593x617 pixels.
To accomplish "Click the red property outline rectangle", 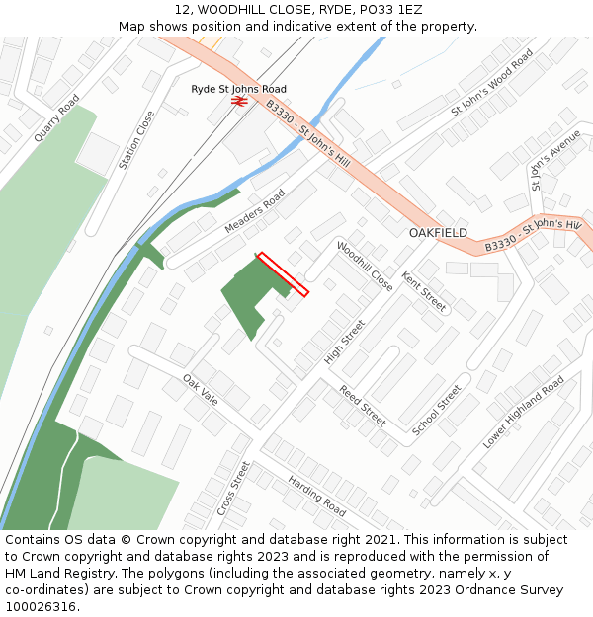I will tap(283, 274).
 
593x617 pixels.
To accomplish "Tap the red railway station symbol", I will tap(238, 101).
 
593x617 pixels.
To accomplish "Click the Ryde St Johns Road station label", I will tap(238, 89).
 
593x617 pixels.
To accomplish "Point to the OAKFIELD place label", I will tap(438, 233).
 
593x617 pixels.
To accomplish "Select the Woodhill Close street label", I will tap(365, 267).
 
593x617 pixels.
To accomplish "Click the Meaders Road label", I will tap(255, 211).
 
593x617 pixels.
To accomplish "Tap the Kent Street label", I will tap(424, 292).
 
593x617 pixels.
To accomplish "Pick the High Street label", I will tap(345, 342).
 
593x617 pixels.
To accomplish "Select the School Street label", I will tap(436, 410).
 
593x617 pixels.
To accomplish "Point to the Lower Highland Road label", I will tap(523, 412).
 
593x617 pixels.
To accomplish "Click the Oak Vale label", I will tap(200, 389).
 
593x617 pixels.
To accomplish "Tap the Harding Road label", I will tap(316, 496).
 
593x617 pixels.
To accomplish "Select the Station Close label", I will tap(136, 139).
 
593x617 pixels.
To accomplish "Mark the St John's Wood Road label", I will tap(492, 82).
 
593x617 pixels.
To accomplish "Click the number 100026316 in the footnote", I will tap(40, 606).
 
